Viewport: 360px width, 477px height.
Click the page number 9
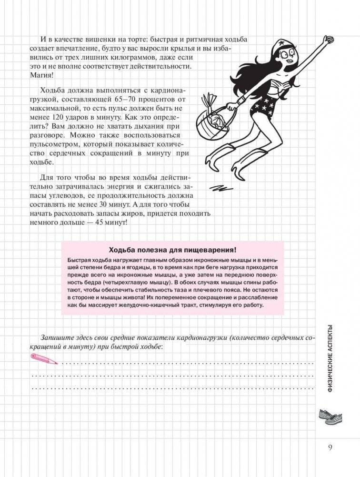(x=330, y=447)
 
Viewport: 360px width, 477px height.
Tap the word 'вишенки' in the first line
(x=86, y=39)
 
